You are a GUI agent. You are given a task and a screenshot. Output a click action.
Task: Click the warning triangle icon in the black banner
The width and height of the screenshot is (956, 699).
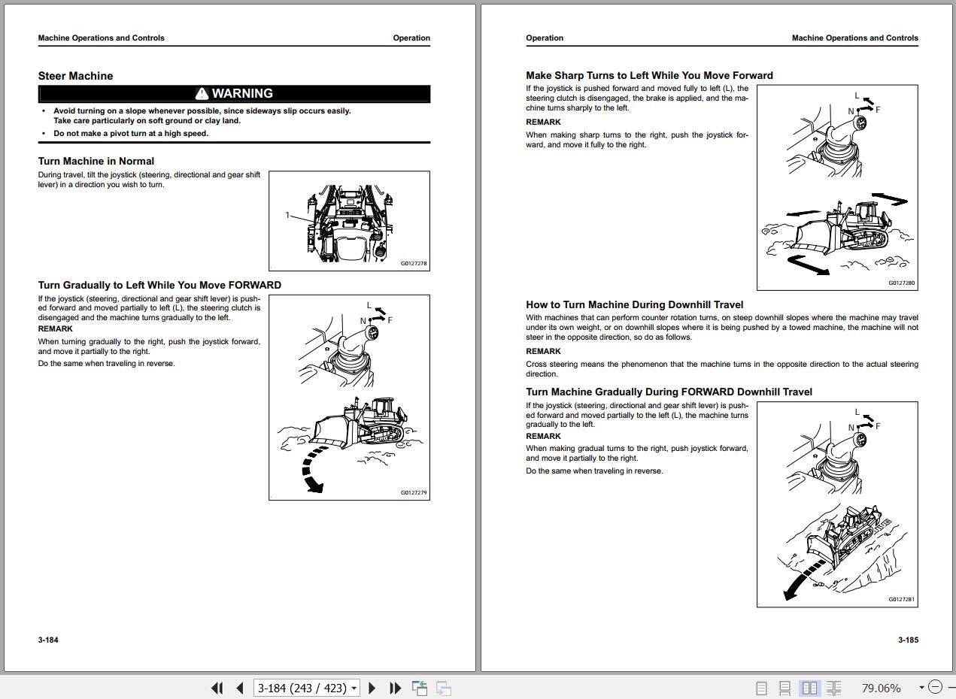point(202,93)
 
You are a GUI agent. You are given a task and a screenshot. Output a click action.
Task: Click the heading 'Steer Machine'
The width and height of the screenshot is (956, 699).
point(75,76)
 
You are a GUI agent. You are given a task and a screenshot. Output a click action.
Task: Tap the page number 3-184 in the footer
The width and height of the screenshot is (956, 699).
point(48,640)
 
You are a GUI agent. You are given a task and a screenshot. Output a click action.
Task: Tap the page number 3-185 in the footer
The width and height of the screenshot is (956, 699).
point(908,640)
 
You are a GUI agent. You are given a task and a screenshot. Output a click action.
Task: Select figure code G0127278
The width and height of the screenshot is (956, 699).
point(414,263)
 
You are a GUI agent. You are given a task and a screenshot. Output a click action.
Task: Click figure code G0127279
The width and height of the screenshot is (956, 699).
point(414,492)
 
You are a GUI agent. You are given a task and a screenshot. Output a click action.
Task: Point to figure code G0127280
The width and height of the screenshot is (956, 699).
point(901,283)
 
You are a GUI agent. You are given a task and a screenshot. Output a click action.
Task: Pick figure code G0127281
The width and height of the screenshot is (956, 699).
point(901,599)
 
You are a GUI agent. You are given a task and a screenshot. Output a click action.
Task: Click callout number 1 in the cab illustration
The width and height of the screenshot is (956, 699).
point(287,215)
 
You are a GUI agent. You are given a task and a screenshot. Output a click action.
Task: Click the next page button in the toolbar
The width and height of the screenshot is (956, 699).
point(372,688)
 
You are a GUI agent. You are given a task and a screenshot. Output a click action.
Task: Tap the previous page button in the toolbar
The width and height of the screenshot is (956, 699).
point(240,688)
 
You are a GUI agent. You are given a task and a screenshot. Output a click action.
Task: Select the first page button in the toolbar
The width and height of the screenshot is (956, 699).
point(217,688)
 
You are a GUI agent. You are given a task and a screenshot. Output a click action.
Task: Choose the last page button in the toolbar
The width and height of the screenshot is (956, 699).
point(395,688)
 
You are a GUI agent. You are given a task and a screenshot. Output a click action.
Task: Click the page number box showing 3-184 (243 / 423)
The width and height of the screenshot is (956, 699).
point(306,688)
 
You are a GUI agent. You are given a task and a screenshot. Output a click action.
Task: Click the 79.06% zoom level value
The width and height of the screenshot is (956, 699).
point(881,688)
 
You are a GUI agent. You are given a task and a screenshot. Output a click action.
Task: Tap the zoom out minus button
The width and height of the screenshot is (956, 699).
point(935,687)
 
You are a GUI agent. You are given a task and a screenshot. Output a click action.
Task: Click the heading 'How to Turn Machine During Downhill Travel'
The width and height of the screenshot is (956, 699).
point(634,304)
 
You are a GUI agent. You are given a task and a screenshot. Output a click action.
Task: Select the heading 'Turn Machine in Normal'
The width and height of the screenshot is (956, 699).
point(96,161)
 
